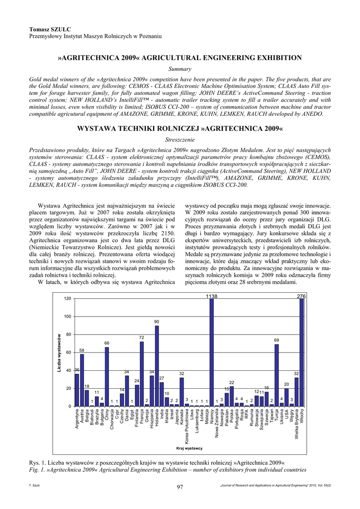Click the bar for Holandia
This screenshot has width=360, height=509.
pos(157,366)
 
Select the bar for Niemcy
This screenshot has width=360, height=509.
pos(212,353)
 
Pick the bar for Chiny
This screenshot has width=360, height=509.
pos(107,377)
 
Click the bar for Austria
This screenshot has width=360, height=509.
pos(82,380)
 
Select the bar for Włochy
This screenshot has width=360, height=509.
pos(302,353)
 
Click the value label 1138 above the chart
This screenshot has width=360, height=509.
pos(212,296)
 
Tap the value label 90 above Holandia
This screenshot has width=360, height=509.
pos(157,322)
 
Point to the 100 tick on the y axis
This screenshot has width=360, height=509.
pos(67,317)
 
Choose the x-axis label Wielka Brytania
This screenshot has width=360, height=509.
pos(297,428)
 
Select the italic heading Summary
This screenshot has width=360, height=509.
pos(180,69)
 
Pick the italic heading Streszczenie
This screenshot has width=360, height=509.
pos(180,140)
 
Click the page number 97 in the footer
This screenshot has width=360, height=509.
pos(180,487)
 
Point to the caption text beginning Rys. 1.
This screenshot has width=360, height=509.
pos(157,463)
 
